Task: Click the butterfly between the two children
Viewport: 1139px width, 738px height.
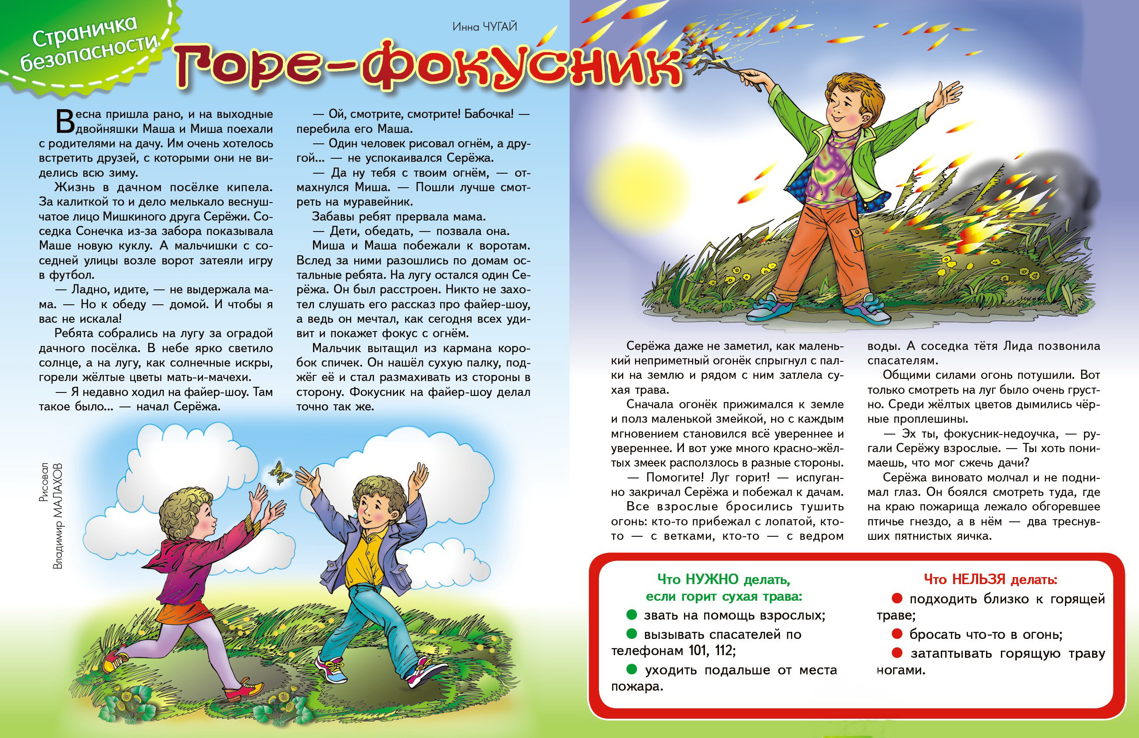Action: click(x=281, y=472)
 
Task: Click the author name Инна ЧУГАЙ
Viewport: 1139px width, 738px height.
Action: click(x=485, y=27)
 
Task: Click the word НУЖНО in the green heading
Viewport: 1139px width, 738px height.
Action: click(x=712, y=580)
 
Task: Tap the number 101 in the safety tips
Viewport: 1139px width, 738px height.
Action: click(x=700, y=650)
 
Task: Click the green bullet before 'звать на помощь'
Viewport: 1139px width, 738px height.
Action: click(x=632, y=614)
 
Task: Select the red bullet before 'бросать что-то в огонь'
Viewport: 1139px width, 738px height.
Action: click(x=897, y=634)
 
